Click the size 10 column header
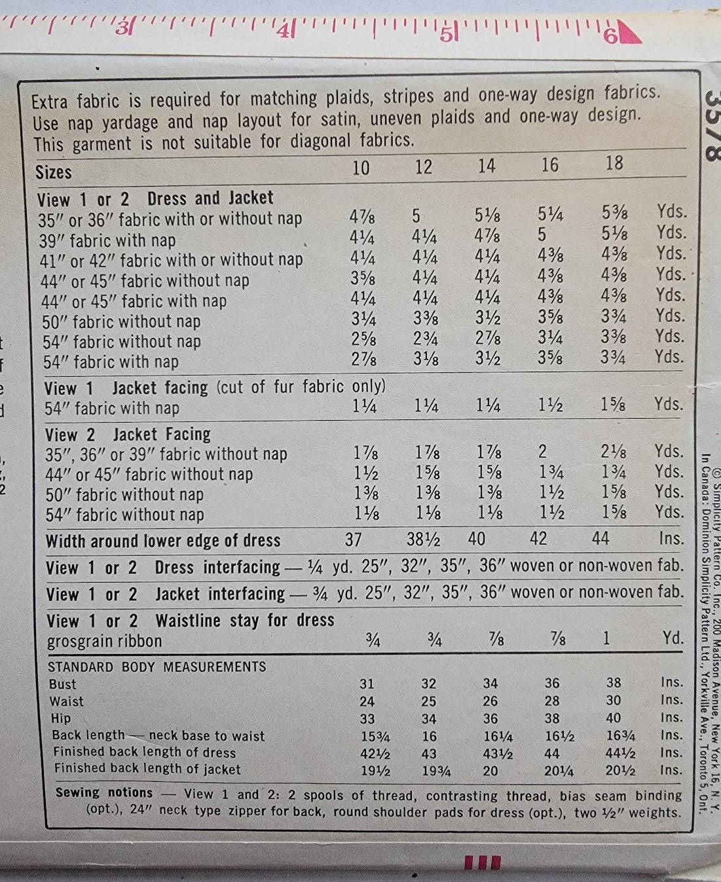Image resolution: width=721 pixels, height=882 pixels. click(361, 168)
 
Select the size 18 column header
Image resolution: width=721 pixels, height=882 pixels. click(614, 163)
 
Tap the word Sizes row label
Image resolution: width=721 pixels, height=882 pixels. click(54, 172)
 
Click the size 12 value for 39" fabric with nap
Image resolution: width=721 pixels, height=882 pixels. click(424, 236)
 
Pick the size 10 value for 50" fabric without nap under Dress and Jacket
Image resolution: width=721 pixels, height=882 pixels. click(363, 319)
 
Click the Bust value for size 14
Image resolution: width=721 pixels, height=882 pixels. click(490, 684)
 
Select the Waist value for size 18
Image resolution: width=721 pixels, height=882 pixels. click(613, 700)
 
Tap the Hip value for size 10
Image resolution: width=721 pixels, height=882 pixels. click(367, 718)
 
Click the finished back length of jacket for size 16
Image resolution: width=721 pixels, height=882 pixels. click(559, 771)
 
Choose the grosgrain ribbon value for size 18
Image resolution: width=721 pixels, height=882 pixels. click(606, 638)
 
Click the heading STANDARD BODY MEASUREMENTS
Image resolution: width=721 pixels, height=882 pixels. click(157, 667)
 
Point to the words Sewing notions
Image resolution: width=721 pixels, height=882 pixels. click(104, 792)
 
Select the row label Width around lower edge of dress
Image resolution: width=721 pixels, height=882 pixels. click(163, 541)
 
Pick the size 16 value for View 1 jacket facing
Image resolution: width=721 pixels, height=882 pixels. click(550, 405)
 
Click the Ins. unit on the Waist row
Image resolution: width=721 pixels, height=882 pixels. click(671, 700)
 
